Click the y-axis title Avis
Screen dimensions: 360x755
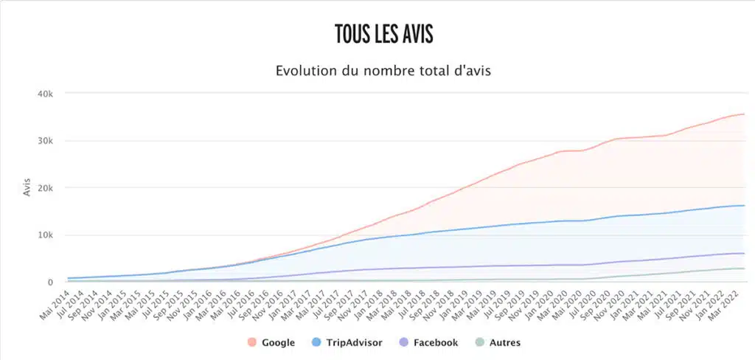pyautogui.click(x=27, y=188)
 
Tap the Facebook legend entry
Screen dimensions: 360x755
pyautogui.click(x=435, y=342)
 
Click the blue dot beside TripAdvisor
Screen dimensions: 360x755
pyautogui.click(x=315, y=342)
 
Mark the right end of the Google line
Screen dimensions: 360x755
pyautogui.click(x=744, y=114)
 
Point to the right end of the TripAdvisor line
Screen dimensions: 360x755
pyautogui.click(x=744, y=205)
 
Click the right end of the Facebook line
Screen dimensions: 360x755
pyautogui.click(x=744, y=253)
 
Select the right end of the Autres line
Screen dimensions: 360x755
pyautogui.click(x=744, y=269)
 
